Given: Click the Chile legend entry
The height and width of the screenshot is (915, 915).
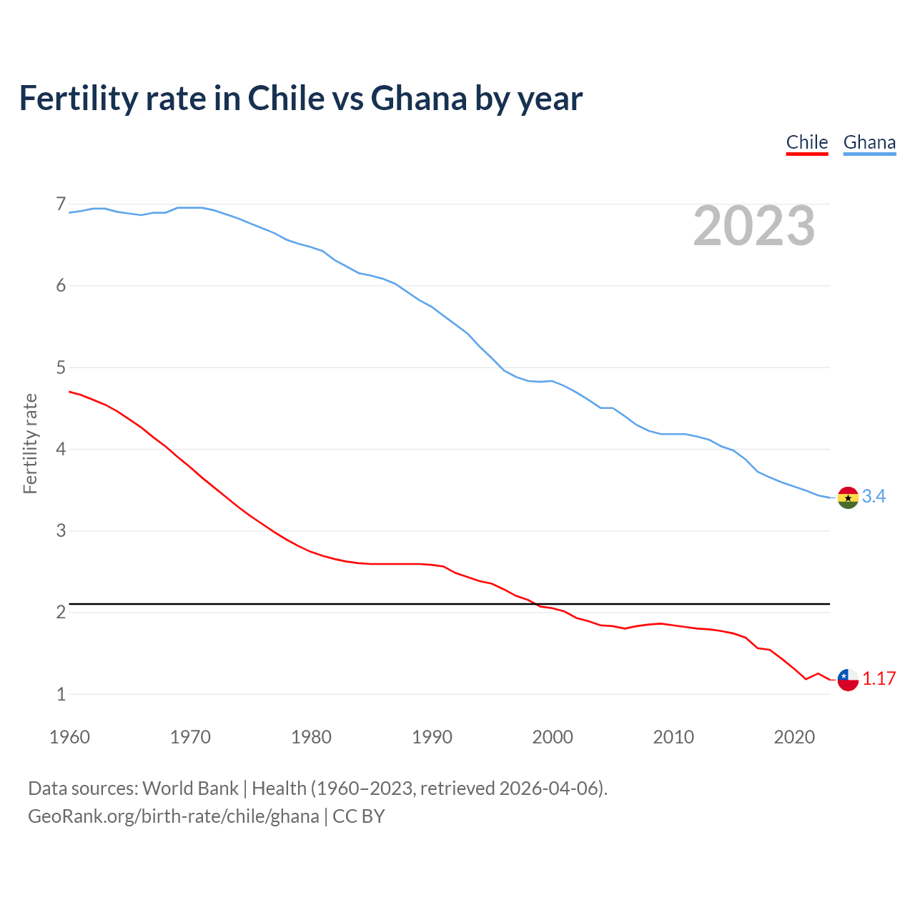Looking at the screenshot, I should (807, 142).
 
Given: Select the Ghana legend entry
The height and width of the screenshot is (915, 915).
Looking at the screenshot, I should (869, 142).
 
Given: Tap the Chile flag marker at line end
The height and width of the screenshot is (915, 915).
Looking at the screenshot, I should (848, 679).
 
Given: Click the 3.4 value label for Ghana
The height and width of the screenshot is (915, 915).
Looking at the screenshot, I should (874, 496).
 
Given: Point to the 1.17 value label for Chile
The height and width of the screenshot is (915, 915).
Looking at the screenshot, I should (879, 678).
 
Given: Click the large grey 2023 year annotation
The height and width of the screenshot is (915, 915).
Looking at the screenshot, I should (754, 226).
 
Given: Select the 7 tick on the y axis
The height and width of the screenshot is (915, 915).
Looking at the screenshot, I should (61, 204).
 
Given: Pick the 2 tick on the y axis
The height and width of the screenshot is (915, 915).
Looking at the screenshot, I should (61, 613).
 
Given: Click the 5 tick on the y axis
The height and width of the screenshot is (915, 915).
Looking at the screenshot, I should (61, 367).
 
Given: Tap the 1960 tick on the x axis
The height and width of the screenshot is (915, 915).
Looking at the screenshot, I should (69, 737).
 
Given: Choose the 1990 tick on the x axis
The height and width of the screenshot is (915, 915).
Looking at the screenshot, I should (432, 737).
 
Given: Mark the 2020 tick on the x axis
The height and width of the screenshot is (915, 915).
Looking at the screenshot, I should (794, 737).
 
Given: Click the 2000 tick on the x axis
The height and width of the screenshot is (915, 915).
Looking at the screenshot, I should (553, 737).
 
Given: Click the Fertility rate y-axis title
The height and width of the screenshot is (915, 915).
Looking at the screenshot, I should (30, 443).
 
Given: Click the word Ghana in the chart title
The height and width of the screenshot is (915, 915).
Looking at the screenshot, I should (419, 98).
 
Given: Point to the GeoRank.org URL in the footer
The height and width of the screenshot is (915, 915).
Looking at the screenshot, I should (174, 816).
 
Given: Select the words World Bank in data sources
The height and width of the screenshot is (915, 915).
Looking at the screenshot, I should (190, 788).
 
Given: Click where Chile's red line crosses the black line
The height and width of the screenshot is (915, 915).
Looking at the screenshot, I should (536, 604).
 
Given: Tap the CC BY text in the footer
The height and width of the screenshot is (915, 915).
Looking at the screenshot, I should (359, 816).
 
